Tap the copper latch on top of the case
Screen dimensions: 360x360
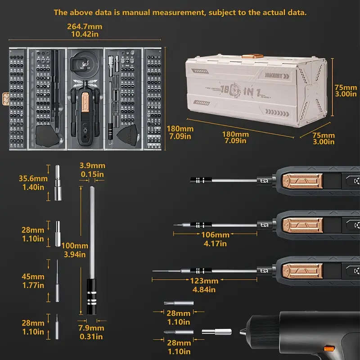point(252,56)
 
